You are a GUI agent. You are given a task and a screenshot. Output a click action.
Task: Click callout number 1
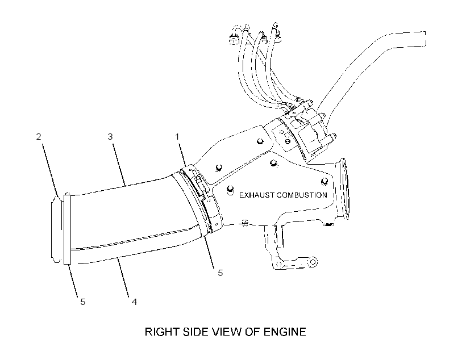(177, 137)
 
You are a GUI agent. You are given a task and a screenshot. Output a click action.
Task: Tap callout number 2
(39, 137)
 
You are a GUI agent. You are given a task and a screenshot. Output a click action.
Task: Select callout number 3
(110, 137)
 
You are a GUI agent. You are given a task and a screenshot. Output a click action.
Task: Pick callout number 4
(134, 302)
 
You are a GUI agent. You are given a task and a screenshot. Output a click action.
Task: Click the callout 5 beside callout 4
(83, 302)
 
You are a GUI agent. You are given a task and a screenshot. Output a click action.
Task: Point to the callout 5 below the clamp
(220, 273)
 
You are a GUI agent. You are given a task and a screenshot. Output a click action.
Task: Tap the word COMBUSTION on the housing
(302, 195)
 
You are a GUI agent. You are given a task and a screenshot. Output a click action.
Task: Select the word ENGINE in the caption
(285, 332)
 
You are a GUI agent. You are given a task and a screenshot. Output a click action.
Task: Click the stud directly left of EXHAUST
(230, 190)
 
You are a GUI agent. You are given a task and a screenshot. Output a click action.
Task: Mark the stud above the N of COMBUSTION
(324, 181)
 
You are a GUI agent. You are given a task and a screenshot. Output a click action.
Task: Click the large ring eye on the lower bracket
(313, 262)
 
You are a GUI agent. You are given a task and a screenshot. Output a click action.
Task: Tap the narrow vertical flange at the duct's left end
(67, 229)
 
